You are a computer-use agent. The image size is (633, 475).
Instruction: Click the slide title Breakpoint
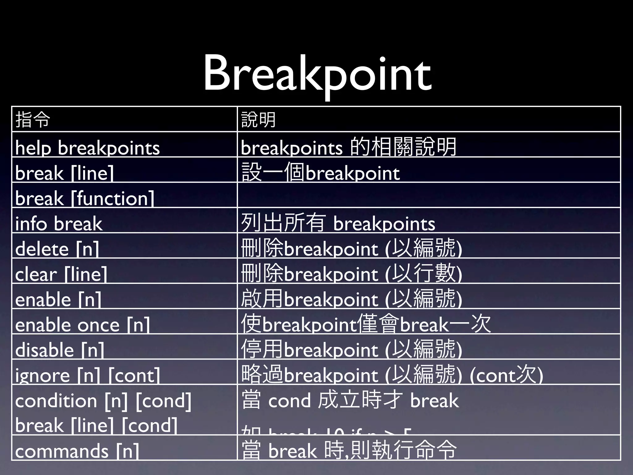coord(317,74)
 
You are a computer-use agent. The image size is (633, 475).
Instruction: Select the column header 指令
coord(33,120)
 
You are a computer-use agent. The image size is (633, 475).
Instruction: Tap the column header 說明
coord(258,120)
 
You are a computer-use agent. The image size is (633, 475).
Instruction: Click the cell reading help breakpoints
coord(87,148)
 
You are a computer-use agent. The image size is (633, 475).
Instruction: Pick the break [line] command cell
coord(65,173)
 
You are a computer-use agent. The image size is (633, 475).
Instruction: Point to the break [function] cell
coord(85,198)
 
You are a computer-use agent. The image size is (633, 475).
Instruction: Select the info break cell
coord(59,224)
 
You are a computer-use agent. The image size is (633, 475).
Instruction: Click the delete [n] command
coord(57,249)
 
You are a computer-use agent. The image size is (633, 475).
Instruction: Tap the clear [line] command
coord(61,274)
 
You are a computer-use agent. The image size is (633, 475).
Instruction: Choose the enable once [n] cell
coord(83,325)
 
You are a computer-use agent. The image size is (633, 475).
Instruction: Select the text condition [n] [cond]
coord(103,401)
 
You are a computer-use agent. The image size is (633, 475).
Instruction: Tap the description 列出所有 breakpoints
coord(338,223)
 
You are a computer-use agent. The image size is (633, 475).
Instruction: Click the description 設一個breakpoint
coord(321,173)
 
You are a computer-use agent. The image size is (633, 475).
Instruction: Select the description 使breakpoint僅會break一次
coord(366,324)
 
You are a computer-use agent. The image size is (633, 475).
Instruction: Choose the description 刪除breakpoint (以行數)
coord(351,274)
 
